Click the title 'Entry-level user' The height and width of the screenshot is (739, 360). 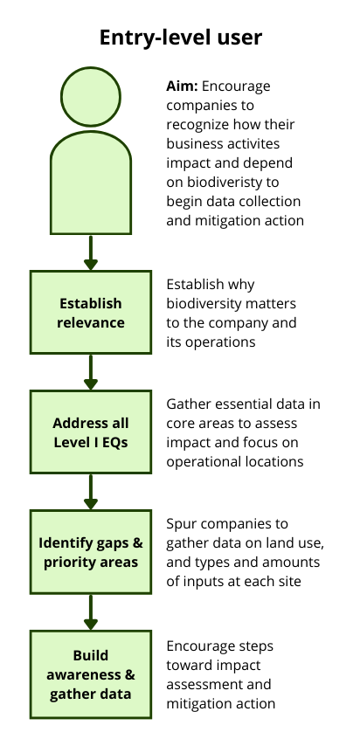click(181, 38)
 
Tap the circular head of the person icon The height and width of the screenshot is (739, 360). click(91, 97)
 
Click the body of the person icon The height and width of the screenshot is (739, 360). click(91, 183)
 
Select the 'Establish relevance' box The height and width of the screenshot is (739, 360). click(91, 313)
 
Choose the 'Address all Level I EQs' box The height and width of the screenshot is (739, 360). click(91, 432)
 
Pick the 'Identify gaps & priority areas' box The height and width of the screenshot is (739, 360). click(91, 552)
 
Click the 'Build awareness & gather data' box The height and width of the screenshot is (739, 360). click(91, 674)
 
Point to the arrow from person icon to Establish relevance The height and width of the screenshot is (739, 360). click(91, 252)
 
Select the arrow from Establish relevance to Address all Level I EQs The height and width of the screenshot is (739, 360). click(91, 372)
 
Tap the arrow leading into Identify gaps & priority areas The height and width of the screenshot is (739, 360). click(91, 492)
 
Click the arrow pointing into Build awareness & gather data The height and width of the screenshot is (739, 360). click(91, 612)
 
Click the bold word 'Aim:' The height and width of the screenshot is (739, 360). click(182, 86)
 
